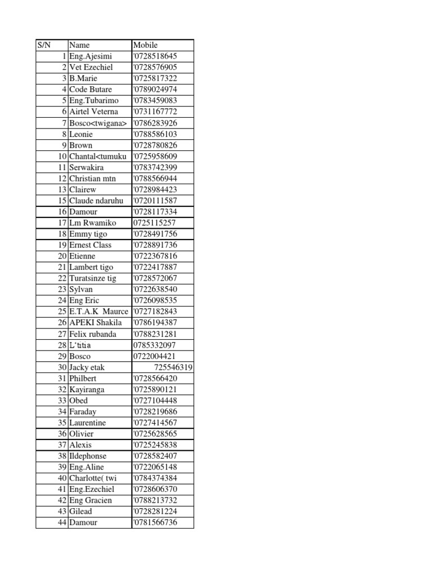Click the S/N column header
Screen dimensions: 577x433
44,45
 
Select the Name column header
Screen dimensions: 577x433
79,45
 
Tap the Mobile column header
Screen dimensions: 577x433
145,45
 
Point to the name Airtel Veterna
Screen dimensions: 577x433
94,112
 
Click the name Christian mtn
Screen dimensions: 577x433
92,179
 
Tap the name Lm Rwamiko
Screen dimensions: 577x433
92,223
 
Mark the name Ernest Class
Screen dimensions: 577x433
90,245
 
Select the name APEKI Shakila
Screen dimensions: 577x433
95,323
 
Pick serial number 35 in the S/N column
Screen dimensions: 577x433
62,423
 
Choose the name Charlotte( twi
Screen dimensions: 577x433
92,478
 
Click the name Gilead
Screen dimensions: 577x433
81,512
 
